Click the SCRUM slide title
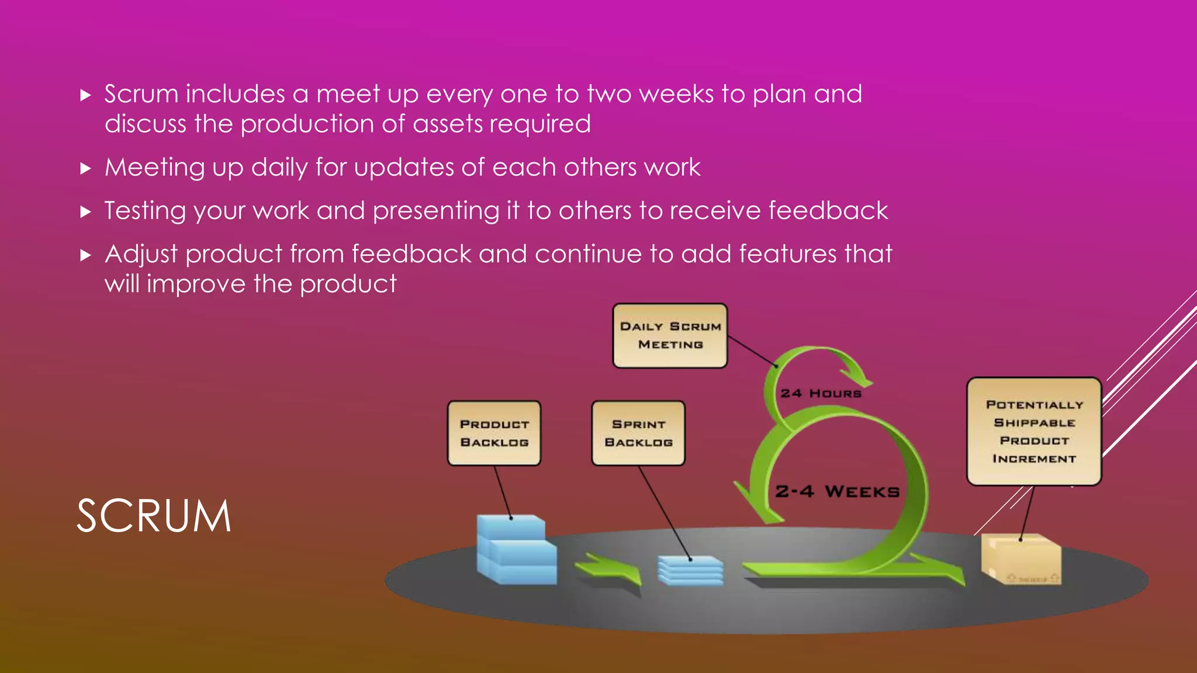[x=154, y=516]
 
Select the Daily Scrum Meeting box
[x=670, y=336]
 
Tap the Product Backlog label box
[x=494, y=433]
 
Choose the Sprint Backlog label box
[x=638, y=433]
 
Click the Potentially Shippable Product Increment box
[x=1034, y=431]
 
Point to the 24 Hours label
[x=821, y=394]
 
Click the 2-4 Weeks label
[x=837, y=491]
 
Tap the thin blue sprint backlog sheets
[x=690, y=570]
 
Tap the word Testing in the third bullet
[x=145, y=211]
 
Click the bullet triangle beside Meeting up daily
[x=86, y=169]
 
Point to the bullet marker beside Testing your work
[x=86, y=211]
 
